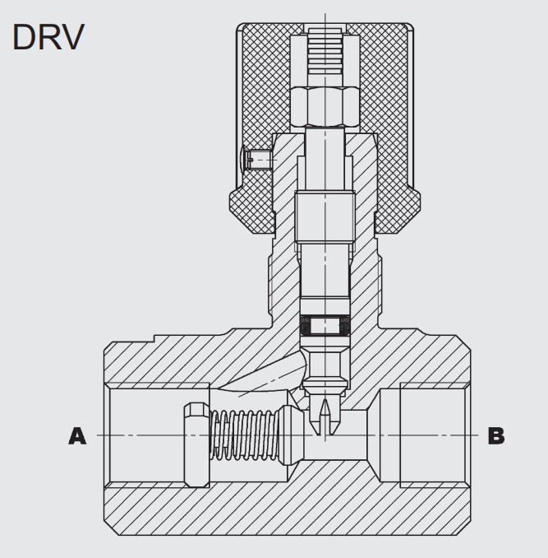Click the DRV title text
pos(48,36)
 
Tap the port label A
pos(77,436)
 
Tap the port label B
pos(496,435)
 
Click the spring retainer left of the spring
pos(196,435)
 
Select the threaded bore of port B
pos(431,435)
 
